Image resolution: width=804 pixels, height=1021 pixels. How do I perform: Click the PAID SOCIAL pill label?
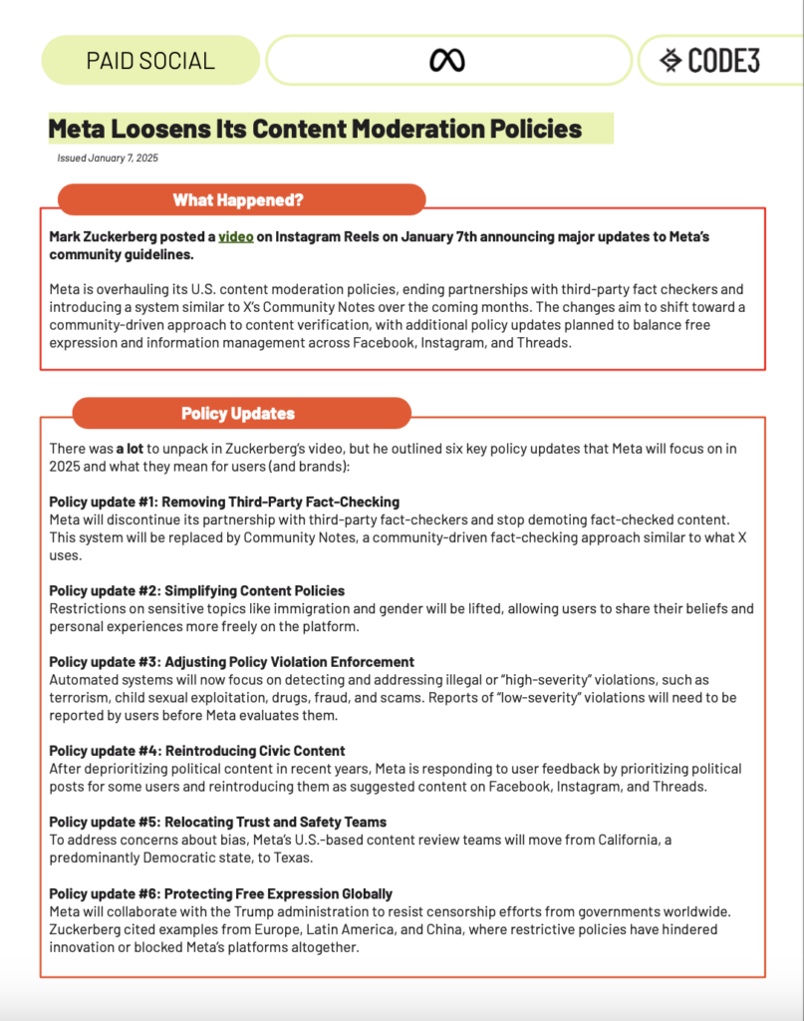click(150, 61)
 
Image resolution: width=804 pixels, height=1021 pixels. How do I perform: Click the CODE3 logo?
click(710, 61)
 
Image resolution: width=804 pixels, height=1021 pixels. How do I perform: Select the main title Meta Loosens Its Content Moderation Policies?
click(315, 129)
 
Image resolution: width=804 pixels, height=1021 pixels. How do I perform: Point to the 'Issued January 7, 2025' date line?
click(108, 158)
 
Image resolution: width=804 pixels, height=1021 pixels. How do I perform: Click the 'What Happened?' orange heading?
click(238, 199)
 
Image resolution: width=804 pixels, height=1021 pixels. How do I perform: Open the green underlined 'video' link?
click(236, 236)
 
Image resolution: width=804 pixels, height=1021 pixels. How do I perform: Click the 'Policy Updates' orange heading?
click(238, 413)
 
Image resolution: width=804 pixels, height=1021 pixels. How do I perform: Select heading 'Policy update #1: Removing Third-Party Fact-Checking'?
click(224, 502)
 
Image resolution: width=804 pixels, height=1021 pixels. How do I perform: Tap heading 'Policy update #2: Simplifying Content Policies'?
click(197, 591)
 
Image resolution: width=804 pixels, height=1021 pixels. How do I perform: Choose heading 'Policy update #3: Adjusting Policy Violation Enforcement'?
click(231, 662)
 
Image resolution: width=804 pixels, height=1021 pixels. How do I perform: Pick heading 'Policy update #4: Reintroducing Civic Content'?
click(197, 751)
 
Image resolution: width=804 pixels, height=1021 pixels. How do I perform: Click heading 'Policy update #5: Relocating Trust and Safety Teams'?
click(217, 823)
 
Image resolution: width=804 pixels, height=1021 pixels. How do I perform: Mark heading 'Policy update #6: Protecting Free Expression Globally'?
click(220, 893)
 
